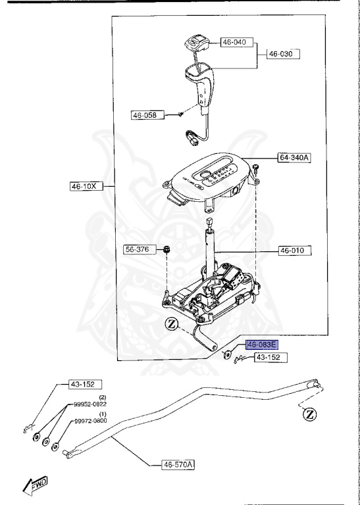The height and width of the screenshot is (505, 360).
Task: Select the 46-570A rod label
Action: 179,465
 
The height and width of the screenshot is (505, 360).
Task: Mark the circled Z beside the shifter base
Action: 172,323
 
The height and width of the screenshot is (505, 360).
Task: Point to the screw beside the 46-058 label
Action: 179,114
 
